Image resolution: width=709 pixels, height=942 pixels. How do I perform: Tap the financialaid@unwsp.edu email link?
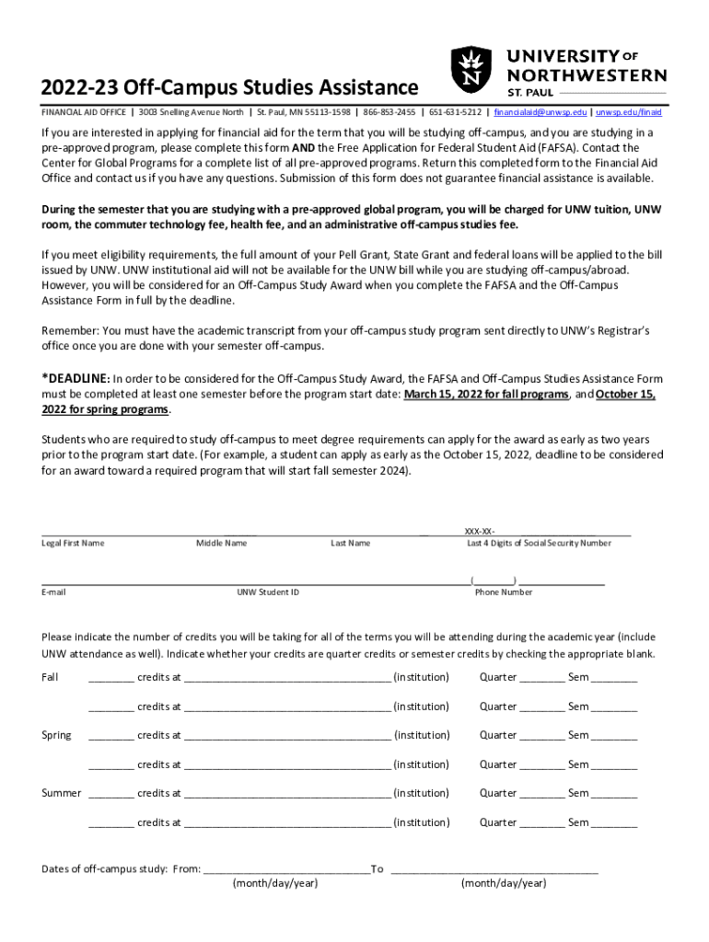coord(540,112)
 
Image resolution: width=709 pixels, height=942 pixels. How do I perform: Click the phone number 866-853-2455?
coord(389,112)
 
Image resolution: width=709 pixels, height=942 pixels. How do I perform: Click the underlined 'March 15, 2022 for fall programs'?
coord(485,394)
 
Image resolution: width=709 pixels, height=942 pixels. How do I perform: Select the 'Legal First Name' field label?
coord(73,543)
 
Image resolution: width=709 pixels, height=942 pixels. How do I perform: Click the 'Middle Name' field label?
coord(221,543)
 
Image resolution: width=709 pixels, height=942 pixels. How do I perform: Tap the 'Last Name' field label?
coord(350,543)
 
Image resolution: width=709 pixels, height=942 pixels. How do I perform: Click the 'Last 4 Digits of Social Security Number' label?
coord(538,543)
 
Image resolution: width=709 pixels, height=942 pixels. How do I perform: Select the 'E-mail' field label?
coord(53,592)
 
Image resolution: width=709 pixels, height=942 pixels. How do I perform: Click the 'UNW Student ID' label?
coord(267,592)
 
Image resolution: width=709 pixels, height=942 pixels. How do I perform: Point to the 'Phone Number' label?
coord(503,592)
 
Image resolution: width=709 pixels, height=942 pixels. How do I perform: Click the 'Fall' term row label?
coord(50,677)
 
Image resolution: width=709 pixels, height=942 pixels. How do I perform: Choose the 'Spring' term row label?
coord(56,735)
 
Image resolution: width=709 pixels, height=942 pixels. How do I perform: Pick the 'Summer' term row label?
coord(61,793)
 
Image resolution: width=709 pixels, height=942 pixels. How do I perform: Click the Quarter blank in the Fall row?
coord(541,679)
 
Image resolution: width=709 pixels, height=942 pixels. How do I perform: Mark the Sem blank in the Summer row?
coord(613,795)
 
